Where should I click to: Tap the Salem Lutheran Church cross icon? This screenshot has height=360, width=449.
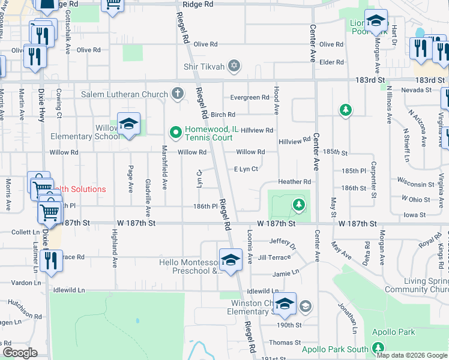point(177,94)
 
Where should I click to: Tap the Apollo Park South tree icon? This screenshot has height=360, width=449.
point(378,348)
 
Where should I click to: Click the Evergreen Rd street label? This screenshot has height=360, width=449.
point(250,98)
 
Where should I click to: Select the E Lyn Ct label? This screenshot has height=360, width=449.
point(246,169)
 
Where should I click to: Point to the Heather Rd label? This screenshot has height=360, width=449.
point(294,182)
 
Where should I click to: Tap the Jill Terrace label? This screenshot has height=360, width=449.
point(274,257)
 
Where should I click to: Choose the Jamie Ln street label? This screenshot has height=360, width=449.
point(286,272)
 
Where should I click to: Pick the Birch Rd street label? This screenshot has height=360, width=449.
point(223,115)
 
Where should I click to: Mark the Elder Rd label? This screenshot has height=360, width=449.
point(332,62)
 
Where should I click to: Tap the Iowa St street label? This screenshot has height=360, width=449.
point(414,214)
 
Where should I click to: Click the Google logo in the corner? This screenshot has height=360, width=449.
point(20,353)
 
